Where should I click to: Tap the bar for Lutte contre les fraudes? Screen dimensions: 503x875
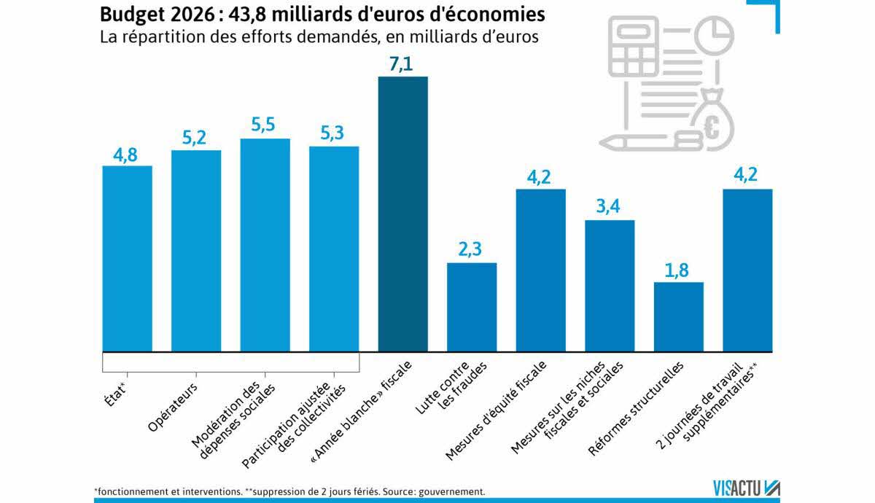[x=472, y=306]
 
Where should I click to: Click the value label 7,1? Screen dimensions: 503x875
[x=402, y=64]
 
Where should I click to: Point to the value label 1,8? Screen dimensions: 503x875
[x=678, y=270]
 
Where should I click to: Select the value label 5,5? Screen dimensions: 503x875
[x=265, y=126]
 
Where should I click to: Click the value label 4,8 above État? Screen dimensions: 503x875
[x=127, y=154]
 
